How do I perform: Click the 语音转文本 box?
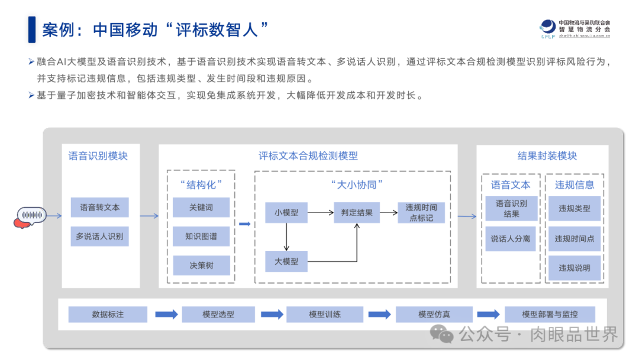[99, 207]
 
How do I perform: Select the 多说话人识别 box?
[99, 236]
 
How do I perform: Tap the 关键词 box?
[201, 207]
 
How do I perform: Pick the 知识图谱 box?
[201, 236]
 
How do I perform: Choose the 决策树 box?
[201, 265]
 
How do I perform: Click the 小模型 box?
[286, 212]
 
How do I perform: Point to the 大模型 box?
[286, 261]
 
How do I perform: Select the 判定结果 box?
[357, 212]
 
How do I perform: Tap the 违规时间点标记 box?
[421, 213]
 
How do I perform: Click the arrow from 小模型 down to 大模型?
[286, 237]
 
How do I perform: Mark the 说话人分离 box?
[511, 239]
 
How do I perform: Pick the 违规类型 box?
[574, 208]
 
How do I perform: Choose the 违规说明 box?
[574, 268]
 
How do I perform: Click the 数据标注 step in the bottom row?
[108, 314]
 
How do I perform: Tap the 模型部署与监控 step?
[550, 314]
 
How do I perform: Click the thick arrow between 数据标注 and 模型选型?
[166, 314]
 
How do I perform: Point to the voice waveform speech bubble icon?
[30, 217]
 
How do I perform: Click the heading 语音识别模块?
[98, 156]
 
